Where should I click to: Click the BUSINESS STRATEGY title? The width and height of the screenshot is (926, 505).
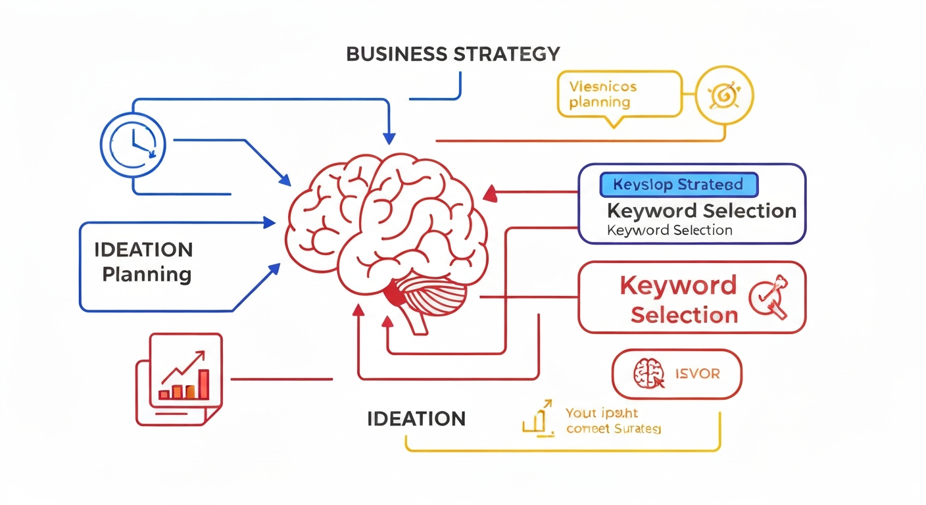[453, 54]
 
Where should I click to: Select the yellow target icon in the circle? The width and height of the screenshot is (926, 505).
[724, 97]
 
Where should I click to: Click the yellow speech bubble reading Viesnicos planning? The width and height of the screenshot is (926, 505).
[618, 95]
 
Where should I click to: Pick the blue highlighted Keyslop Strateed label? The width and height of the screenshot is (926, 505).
[679, 185]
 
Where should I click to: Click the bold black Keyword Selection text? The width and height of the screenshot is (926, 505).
[701, 211]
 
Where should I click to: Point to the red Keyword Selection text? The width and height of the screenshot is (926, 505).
[678, 300]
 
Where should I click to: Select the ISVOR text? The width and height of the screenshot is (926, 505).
[697, 374]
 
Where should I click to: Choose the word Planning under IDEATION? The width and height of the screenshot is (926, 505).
[147, 274]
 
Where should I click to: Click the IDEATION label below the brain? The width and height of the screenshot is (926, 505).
[416, 419]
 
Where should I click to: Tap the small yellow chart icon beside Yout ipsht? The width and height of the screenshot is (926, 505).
[537, 419]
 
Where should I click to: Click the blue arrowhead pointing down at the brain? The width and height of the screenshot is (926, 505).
[389, 138]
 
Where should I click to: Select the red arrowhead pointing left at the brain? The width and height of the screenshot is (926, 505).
[489, 193]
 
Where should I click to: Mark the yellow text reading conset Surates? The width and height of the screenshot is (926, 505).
[613, 429]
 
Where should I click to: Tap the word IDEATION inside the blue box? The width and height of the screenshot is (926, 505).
[143, 250]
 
